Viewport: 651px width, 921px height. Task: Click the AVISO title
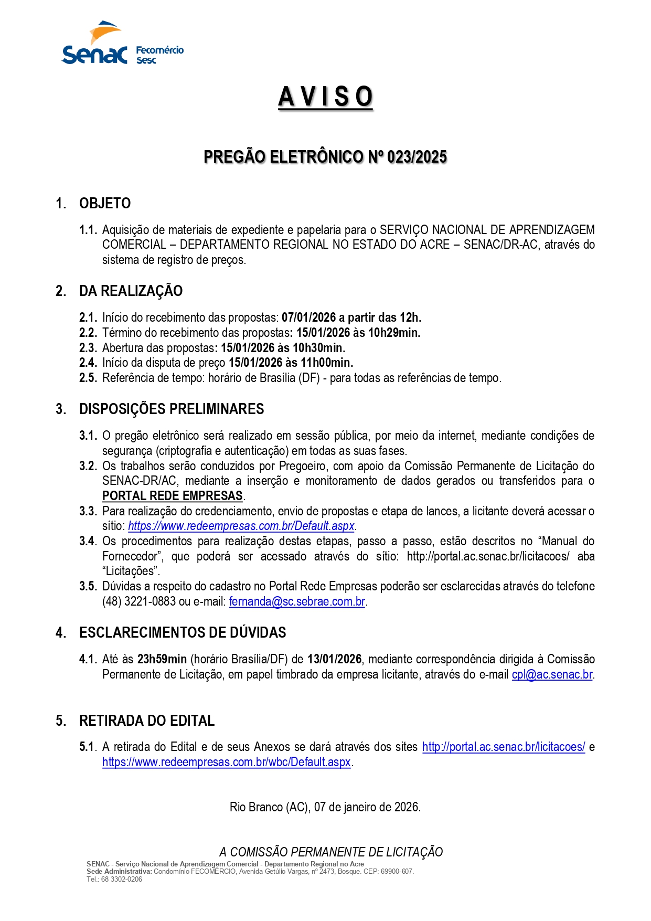(325, 97)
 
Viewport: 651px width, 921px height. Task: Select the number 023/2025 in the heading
(417, 157)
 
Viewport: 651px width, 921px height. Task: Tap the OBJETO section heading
(105, 203)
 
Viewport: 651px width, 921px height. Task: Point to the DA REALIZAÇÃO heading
(131, 291)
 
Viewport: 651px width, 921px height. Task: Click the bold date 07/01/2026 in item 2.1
(308, 317)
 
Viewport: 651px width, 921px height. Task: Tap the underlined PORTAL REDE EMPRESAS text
(172, 496)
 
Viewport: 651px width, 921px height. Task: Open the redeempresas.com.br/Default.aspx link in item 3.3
(241, 526)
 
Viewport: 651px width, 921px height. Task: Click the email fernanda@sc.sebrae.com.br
(297, 601)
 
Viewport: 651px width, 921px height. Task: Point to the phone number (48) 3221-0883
(138, 601)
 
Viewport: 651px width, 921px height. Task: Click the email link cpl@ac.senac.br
(552, 674)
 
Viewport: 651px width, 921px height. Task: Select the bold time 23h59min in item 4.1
(162, 659)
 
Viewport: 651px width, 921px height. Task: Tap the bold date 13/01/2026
(334, 659)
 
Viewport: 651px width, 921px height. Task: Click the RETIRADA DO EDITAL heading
(147, 721)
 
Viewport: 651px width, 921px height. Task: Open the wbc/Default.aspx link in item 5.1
(226, 762)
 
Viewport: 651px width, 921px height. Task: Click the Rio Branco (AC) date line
(325, 807)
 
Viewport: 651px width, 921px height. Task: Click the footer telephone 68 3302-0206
(121, 879)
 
